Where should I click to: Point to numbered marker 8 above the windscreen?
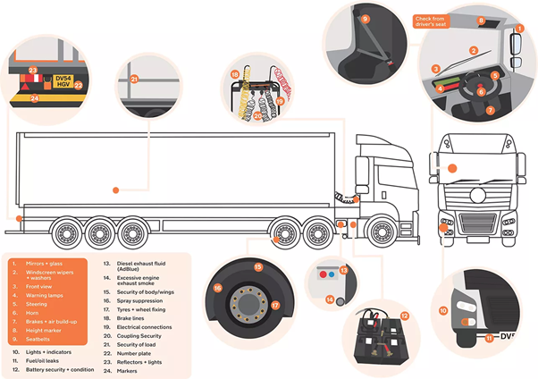click(x=480, y=21)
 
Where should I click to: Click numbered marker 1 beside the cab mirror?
click(x=518, y=29)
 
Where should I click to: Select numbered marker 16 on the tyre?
click(x=217, y=288)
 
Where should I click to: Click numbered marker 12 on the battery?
click(x=404, y=316)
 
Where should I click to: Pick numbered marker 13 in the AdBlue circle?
click(x=344, y=270)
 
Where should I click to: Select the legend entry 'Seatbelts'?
click(x=38, y=339)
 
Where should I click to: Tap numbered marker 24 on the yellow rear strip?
click(x=34, y=97)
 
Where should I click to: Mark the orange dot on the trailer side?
click(x=114, y=189)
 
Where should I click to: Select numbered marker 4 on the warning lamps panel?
click(x=439, y=88)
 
